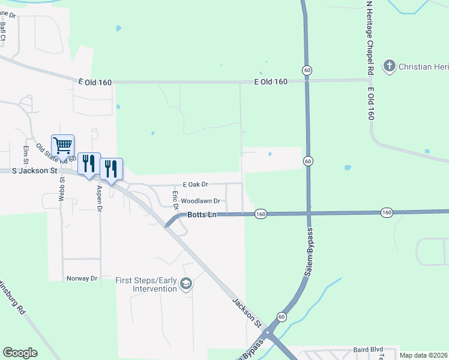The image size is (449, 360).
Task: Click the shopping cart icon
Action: click(62, 145)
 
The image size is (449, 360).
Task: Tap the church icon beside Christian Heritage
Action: click(390, 65)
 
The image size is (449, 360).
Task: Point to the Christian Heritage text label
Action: click(424, 66)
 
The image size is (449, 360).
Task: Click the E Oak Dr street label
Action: click(195, 185)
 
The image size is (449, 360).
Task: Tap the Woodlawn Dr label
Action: click(200, 202)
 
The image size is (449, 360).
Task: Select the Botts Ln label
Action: click(201, 214)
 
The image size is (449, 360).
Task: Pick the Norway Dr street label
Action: click(82, 278)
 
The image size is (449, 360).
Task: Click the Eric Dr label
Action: click(175, 200)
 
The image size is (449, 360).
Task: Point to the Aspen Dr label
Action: click(100, 198)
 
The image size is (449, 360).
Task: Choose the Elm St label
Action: click(26, 155)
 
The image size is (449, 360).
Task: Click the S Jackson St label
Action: click(35, 171)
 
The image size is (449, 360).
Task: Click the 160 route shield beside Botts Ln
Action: click(260, 214)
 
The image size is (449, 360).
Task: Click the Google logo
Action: click(20, 353)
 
